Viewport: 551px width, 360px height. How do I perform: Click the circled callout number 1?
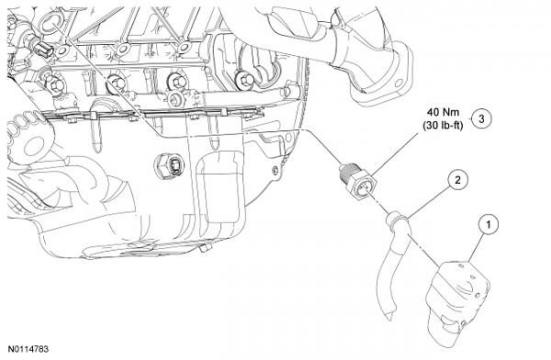tap(487, 222)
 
